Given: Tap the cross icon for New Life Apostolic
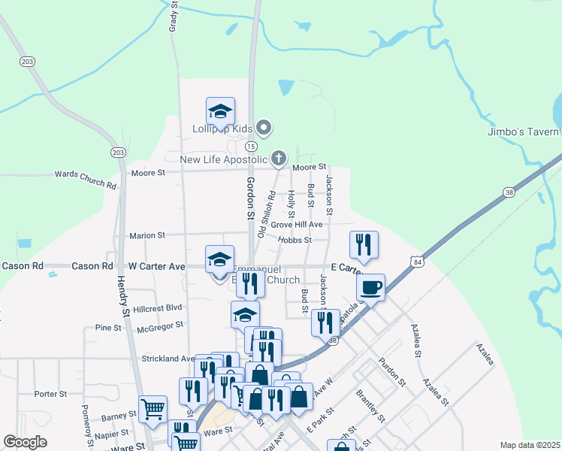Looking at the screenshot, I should [x=279, y=158].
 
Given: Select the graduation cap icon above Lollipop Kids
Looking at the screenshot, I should [x=220, y=111].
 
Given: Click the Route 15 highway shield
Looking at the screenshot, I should [x=251, y=146].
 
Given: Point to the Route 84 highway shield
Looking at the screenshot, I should [x=417, y=259].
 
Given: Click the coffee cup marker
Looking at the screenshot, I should [x=371, y=286].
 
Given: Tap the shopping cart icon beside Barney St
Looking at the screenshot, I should [x=153, y=410].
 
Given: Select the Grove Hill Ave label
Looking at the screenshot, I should [x=297, y=224].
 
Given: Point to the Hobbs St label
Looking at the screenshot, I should [x=295, y=240].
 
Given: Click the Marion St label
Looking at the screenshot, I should [x=147, y=235].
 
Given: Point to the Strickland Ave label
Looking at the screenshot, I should [x=168, y=359].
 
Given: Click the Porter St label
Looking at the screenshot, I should [x=51, y=393].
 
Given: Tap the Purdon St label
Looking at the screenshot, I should [x=392, y=372].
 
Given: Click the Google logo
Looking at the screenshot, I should [x=26, y=443].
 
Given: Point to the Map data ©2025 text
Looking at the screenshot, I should [x=529, y=445].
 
